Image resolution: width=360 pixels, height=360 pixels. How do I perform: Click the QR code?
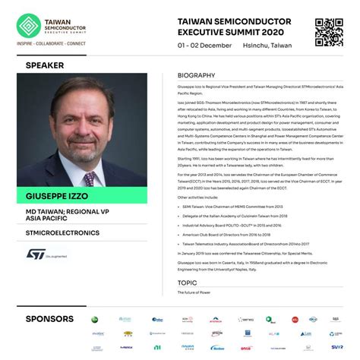(329, 32)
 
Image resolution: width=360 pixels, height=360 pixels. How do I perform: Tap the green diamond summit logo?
(30, 26)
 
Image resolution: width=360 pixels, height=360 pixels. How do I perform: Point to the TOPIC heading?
(188, 282)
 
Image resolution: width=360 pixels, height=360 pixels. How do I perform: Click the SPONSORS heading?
(49, 318)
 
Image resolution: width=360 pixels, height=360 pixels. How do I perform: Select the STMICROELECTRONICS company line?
(62, 232)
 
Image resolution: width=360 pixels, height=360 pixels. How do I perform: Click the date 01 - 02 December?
(205, 46)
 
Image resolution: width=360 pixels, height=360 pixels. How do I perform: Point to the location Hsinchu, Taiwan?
(267, 46)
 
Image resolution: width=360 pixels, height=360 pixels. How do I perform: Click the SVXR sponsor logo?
(336, 347)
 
